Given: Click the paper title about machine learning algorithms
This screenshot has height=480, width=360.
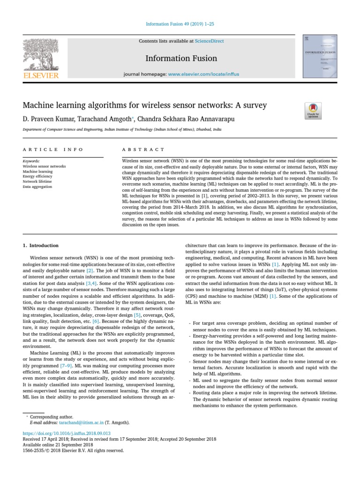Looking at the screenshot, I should (x=145, y=105).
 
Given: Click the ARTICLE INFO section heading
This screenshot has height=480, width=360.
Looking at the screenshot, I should (x=53, y=150).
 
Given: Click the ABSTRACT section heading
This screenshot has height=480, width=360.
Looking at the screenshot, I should (x=143, y=150).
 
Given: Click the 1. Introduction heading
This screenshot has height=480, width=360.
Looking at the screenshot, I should (x=41, y=245).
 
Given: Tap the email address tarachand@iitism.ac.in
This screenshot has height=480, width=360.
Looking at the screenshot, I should (x=78, y=422).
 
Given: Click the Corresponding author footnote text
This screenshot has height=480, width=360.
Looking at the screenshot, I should (x=52, y=416).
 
